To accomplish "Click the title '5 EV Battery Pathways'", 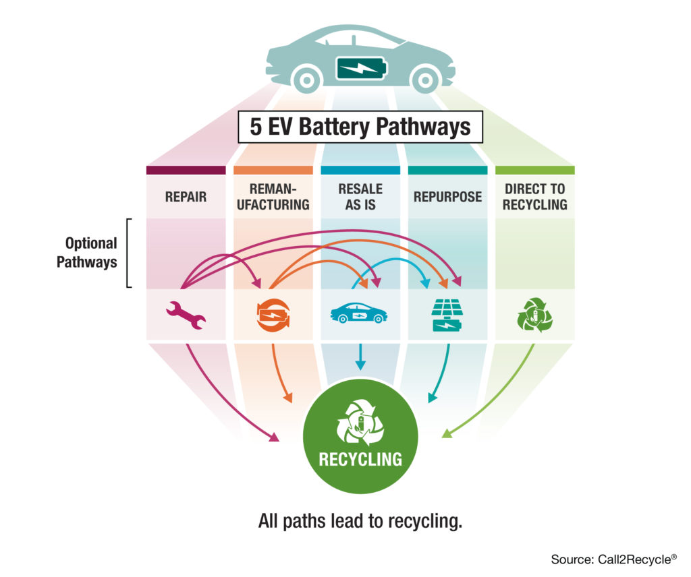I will coord(360,127).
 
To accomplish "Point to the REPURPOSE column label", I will coord(447,197).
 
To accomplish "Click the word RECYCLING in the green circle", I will coord(360,460).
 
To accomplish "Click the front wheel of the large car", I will coord(425,80).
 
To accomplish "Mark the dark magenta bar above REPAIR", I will coord(186,170).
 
